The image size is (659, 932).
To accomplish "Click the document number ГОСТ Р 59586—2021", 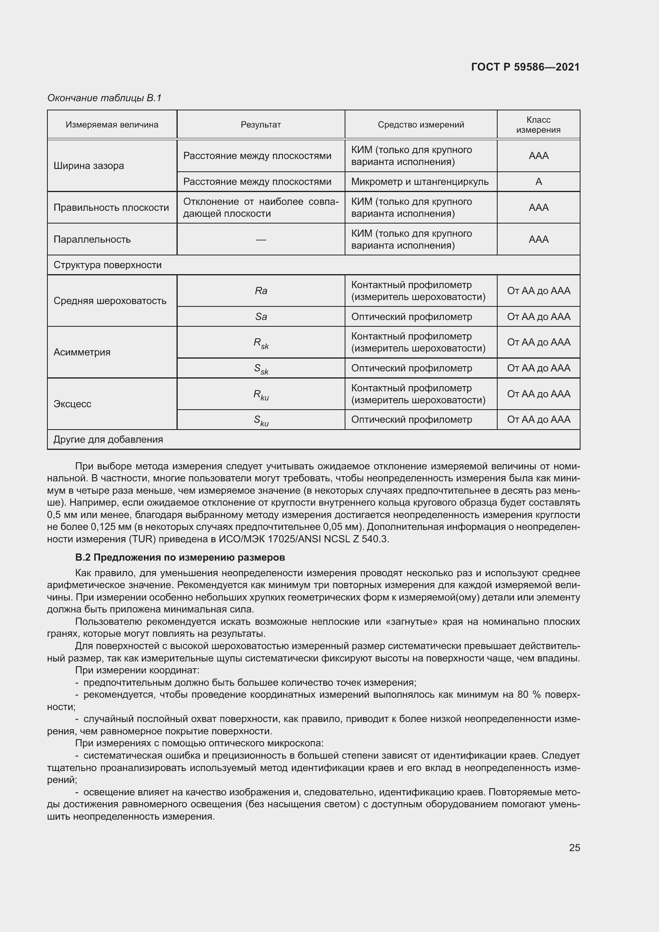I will (525, 67).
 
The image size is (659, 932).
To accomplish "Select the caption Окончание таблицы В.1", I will (104, 98).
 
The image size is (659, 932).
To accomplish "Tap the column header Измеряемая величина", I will (112, 125).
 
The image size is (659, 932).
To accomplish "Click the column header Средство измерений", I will (420, 125).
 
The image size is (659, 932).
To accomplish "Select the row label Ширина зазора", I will (89, 166).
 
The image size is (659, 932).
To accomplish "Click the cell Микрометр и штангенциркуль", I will (420, 181).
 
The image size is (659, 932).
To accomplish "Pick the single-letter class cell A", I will (539, 181).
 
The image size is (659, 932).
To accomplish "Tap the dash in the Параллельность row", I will (261, 239).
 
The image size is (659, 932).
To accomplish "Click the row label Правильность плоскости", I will (111, 208).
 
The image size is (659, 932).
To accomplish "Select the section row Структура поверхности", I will (108, 265).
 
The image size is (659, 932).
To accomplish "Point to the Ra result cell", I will (261, 290).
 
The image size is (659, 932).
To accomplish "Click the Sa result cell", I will (261, 317).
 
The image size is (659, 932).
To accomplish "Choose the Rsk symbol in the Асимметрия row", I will (261, 343).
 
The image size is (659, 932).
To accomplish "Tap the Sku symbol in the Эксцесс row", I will (261, 420).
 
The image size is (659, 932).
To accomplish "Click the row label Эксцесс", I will (72, 404).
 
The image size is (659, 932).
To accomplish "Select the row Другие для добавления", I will (108, 440).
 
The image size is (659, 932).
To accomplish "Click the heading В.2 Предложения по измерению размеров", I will (180, 557).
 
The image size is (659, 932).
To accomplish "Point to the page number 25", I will (574, 848).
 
